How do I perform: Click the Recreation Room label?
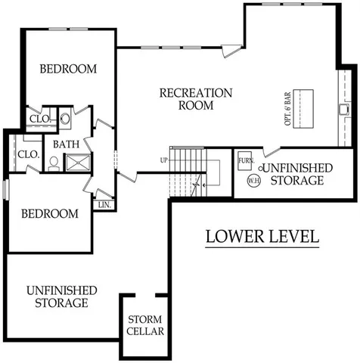196,99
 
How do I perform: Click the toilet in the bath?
54,162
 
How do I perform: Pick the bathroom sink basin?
64,118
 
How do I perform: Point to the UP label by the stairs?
163,160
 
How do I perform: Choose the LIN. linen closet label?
104,204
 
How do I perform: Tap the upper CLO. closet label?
39,119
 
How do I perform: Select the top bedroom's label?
68,69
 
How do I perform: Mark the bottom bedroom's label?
49,214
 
